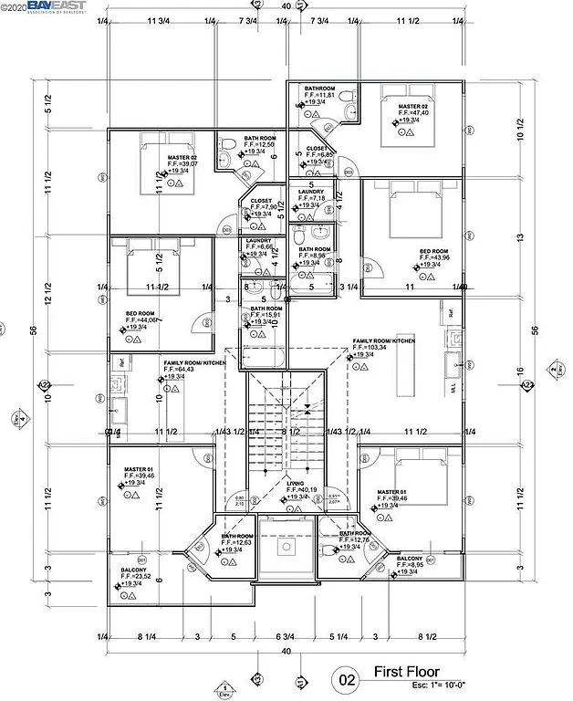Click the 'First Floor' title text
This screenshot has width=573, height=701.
point(407,673)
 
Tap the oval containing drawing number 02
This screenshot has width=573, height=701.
point(348,679)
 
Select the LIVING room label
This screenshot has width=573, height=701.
point(295,484)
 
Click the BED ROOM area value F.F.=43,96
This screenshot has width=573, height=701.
point(434,257)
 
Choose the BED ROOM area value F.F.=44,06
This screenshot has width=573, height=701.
point(143,319)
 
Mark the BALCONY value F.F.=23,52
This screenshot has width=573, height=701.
point(136,576)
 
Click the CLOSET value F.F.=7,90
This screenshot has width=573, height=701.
point(262,207)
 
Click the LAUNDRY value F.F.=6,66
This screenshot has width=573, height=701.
point(260,246)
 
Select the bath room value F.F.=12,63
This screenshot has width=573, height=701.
point(236,543)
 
